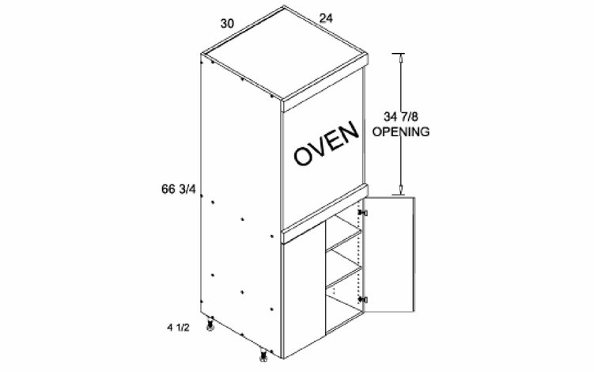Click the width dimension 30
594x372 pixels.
[x=227, y=24]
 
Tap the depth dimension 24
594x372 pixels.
[x=326, y=18]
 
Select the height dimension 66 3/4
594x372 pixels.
[x=179, y=189]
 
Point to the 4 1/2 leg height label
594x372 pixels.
[x=178, y=327]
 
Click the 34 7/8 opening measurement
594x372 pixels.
[x=401, y=116]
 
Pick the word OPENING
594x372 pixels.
[x=401, y=131]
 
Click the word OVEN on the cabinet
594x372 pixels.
[x=326, y=143]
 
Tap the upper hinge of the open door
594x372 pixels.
[x=363, y=213]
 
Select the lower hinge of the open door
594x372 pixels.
[x=363, y=299]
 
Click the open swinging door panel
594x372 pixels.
[x=389, y=254]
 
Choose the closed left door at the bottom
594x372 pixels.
[x=304, y=290]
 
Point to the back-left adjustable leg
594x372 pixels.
[x=210, y=325]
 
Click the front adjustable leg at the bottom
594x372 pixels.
[x=263, y=355]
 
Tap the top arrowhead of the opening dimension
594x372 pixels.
[x=401, y=58]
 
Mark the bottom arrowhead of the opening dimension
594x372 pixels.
[x=401, y=191]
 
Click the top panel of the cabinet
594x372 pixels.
[x=285, y=53]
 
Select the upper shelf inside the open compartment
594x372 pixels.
[x=343, y=241]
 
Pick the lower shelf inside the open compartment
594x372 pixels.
[x=343, y=276]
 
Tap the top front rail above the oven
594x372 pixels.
[x=326, y=83]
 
